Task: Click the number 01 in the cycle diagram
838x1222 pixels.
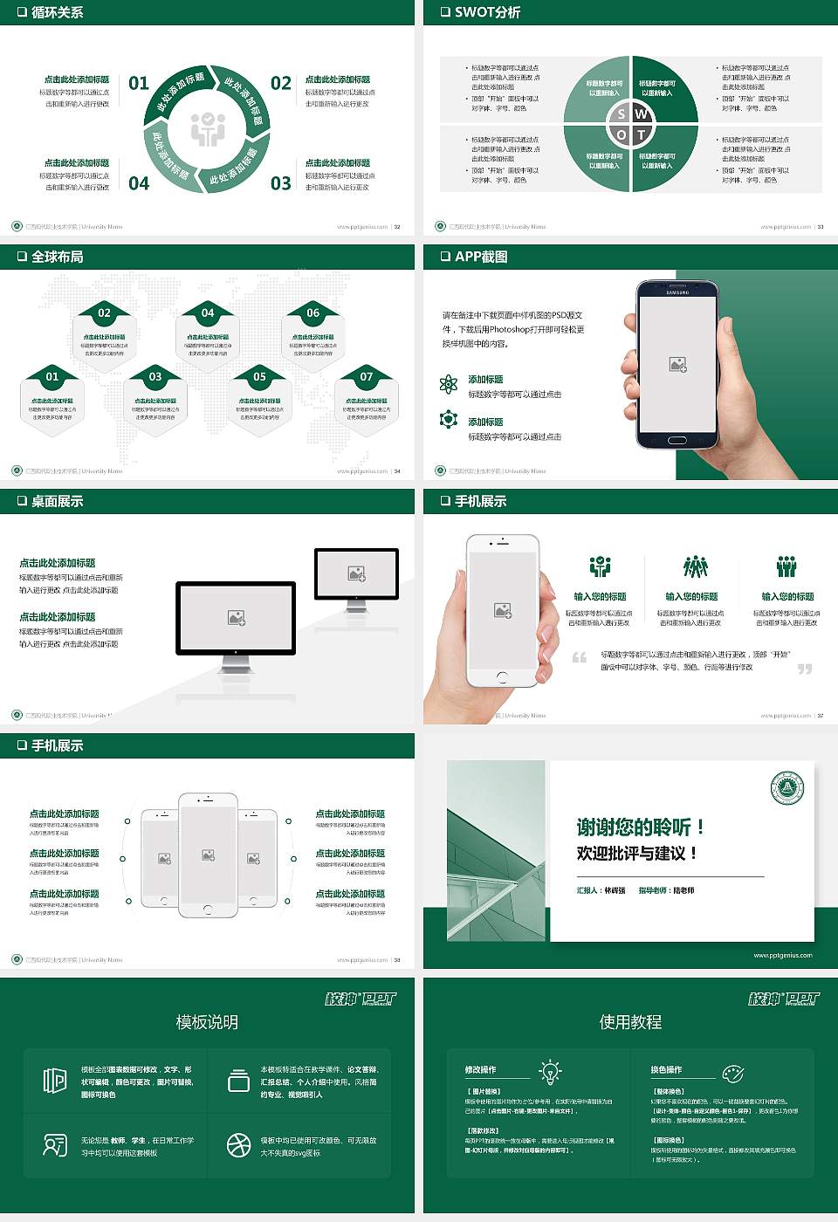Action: click(x=139, y=83)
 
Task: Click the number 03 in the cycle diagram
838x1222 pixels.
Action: click(x=280, y=183)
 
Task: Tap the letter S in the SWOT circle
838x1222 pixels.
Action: click(x=621, y=113)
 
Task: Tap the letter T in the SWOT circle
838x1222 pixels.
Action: click(x=642, y=134)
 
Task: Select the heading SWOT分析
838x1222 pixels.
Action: click(x=487, y=12)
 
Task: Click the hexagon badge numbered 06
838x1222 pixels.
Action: click(x=313, y=313)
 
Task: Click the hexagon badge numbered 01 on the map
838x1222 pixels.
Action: click(x=52, y=377)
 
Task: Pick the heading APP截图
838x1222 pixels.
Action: click(x=480, y=257)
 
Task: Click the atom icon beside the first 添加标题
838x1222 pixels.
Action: click(x=449, y=383)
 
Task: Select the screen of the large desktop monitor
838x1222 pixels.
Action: click(x=236, y=617)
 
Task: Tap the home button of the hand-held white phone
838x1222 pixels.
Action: click(x=502, y=676)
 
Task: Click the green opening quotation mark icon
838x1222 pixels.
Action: click(x=580, y=657)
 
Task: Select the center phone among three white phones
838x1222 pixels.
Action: click(x=208, y=855)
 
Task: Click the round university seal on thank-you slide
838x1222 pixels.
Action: click(x=787, y=788)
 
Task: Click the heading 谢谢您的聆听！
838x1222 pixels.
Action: click(x=640, y=827)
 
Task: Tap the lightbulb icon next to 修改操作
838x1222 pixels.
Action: click(x=550, y=1071)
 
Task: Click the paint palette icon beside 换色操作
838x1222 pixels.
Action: click(x=732, y=1073)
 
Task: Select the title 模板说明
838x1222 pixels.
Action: click(x=207, y=1022)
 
